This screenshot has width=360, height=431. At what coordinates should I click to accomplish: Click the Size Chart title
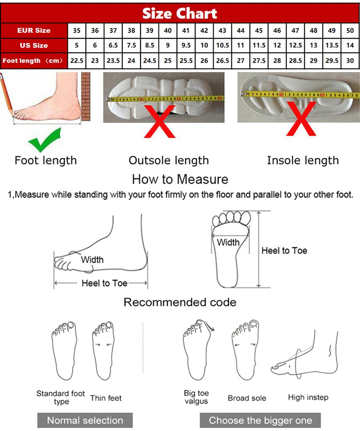[x=180, y=13]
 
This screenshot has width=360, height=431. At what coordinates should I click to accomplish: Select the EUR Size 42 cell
[x=204, y=30]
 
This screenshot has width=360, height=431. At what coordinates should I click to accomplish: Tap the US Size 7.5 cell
[x=131, y=45]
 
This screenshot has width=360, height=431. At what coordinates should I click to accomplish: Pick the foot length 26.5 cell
[x=222, y=61]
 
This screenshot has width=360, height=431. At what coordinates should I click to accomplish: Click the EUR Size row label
[x=34, y=30]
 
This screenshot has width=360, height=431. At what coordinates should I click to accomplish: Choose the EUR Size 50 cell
[x=350, y=30]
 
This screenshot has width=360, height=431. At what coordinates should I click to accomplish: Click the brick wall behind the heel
[x=86, y=96]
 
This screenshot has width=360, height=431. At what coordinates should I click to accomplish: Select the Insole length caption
[x=302, y=160]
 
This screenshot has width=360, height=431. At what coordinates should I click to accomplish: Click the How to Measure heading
[x=180, y=179]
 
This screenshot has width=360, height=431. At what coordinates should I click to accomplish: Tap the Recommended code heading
[x=180, y=302]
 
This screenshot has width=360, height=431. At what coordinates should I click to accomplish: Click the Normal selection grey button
[x=85, y=420]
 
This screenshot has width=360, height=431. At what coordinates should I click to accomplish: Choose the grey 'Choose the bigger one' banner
[x=260, y=420]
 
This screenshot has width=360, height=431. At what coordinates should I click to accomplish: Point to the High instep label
[x=308, y=397]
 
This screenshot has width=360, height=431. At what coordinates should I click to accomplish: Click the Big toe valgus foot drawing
[x=196, y=350]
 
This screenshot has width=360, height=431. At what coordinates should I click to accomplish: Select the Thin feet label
[x=106, y=398]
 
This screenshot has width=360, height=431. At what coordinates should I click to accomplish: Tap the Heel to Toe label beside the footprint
[x=284, y=251]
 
